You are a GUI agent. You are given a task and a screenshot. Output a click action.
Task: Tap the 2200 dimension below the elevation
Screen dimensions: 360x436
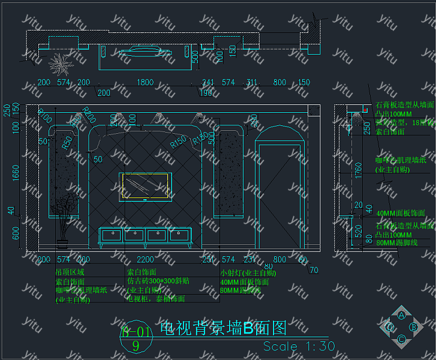click(146, 259)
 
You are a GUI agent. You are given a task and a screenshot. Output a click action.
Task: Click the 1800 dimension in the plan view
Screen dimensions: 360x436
click(145, 82)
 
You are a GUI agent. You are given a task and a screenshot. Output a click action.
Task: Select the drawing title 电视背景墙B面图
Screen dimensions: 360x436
click(224, 328)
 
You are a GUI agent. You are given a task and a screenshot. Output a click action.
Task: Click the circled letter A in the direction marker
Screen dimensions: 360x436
click(401, 315)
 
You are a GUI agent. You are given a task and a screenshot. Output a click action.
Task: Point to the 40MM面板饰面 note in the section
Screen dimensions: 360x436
click(400, 213)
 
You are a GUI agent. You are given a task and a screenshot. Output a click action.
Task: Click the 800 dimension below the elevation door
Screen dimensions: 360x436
click(279, 259)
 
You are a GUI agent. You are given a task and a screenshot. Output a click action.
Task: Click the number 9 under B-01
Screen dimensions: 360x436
click(136, 346)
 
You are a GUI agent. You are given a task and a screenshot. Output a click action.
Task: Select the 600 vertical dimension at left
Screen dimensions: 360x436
click(16, 233)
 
